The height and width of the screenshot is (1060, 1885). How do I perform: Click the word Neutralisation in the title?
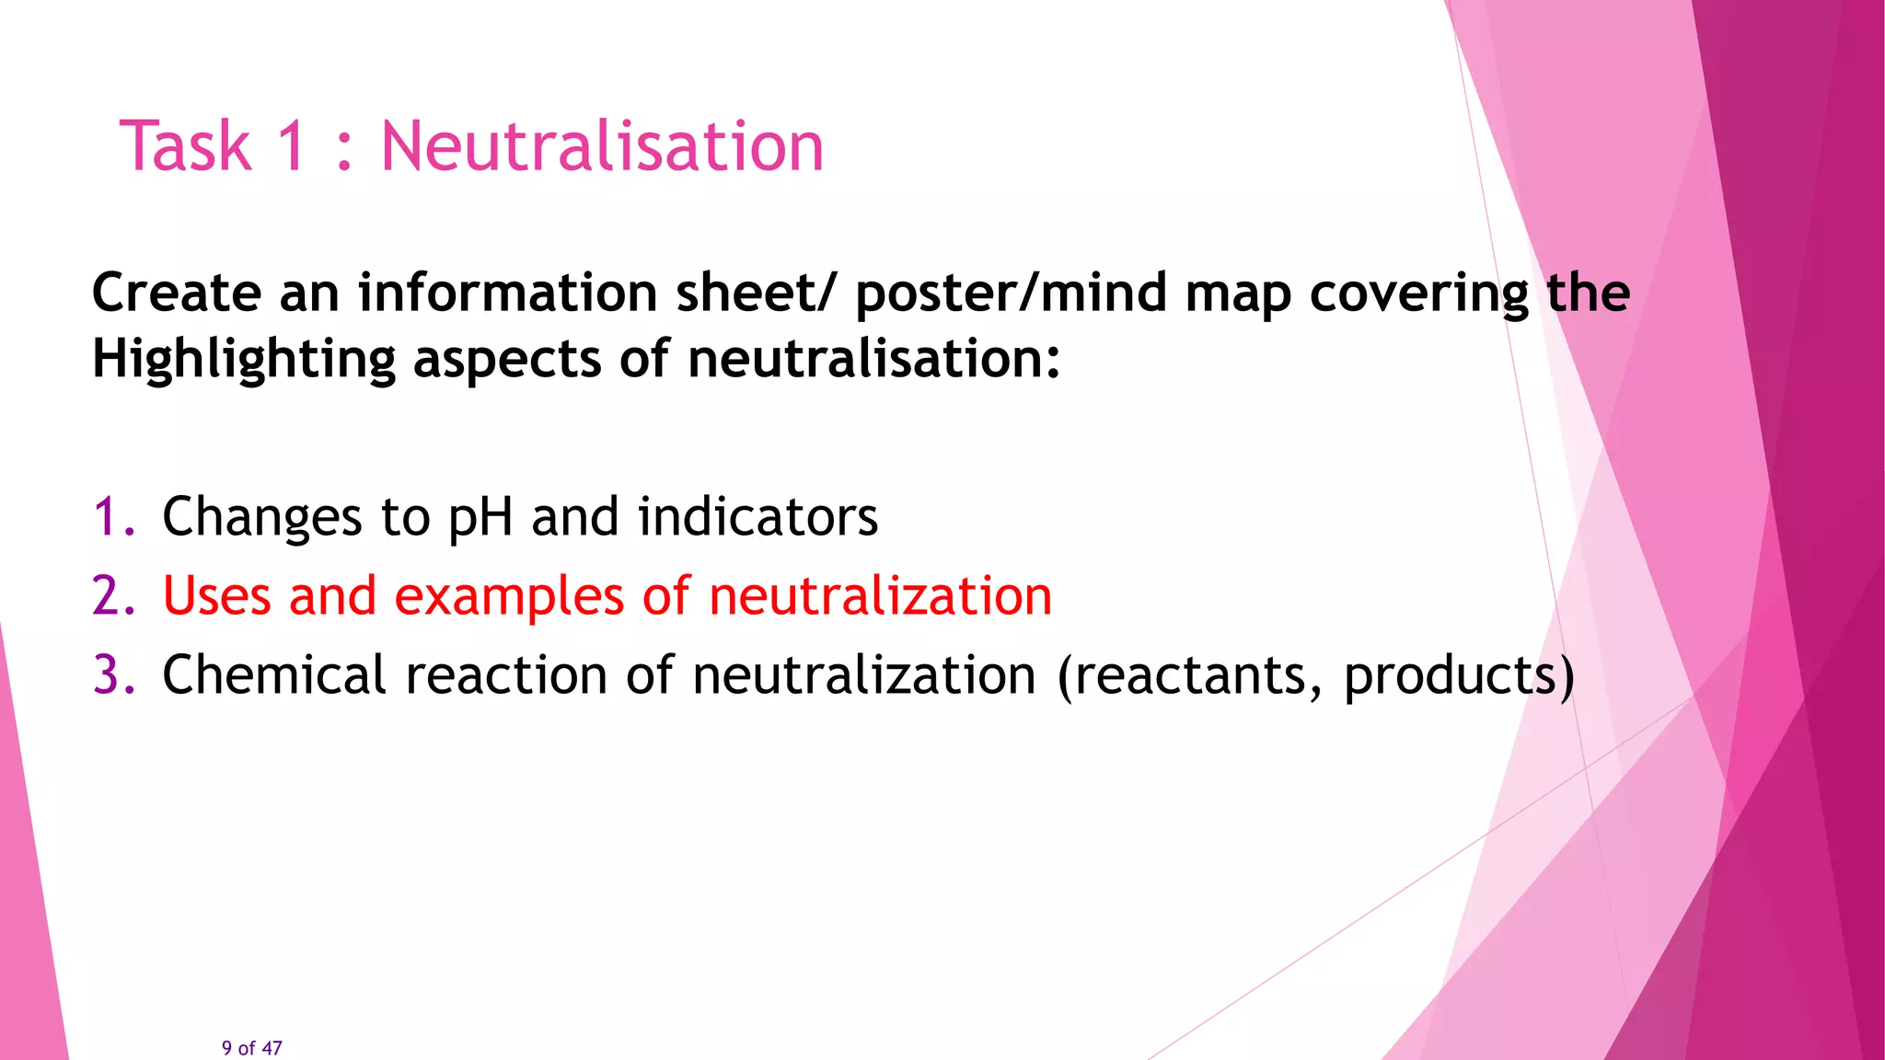[602, 146]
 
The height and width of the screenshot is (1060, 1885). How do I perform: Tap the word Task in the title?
[185, 146]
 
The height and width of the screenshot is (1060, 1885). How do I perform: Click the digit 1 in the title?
[292, 146]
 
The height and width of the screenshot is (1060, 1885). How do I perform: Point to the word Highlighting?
[244, 360]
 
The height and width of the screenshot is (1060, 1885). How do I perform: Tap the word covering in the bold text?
[1418, 294]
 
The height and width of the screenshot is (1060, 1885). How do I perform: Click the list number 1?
[112, 516]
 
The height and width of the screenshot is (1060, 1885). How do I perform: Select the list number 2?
[112, 595]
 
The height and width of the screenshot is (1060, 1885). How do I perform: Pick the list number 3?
[112, 674]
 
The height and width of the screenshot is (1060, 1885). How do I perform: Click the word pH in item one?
[480, 518]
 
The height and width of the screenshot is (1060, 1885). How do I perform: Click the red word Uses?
[216, 595]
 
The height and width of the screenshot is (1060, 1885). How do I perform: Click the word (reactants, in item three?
[1190, 676]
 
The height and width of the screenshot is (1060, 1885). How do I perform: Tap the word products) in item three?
[1459, 676]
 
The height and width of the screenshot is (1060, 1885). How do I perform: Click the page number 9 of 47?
[251, 1048]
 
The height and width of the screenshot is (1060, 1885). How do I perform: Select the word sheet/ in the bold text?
[759, 293]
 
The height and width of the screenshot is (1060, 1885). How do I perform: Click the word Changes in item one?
[261, 518]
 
